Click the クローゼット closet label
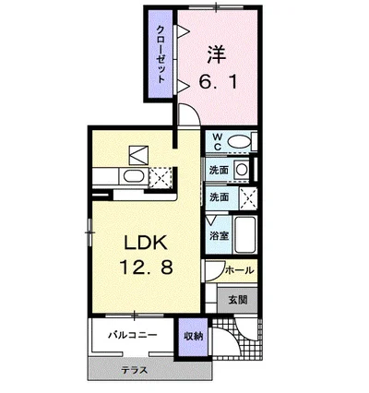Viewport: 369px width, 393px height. point(161,54)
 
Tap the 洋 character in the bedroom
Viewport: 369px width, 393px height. point(216,54)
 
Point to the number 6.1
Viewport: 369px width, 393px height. point(218,82)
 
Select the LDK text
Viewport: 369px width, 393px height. point(146,243)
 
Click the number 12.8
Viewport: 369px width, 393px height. point(146,267)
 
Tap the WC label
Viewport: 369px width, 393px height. point(218,141)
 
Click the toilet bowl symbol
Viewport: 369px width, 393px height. point(240,142)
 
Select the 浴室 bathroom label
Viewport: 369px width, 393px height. point(220,235)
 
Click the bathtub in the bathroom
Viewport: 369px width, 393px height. point(244,234)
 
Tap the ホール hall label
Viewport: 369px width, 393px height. point(240,270)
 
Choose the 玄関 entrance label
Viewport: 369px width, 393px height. point(238,300)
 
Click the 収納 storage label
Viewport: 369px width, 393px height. point(194,337)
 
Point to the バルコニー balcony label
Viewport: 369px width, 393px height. point(132,335)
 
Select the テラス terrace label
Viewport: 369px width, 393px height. point(134,370)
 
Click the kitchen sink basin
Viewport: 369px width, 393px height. point(134,176)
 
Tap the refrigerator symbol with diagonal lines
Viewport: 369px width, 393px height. point(138,155)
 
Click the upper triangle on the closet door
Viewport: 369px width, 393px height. point(183,31)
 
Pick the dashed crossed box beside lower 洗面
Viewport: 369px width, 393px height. point(248,198)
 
